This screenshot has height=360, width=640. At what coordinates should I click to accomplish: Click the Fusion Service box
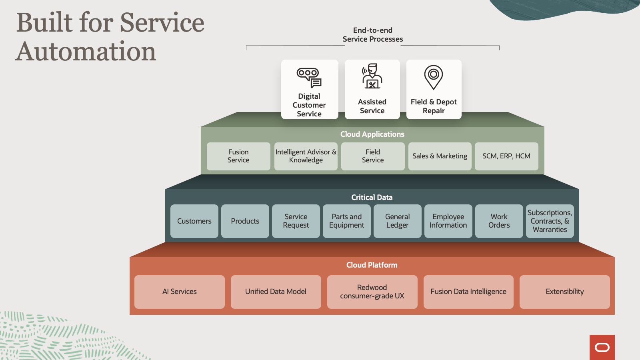[x=238, y=156]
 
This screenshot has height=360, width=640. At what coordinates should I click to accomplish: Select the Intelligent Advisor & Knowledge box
[x=306, y=156]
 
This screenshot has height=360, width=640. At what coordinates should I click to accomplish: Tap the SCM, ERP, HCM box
[x=506, y=156]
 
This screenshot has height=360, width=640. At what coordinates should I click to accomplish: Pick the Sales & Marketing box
[x=440, y=156]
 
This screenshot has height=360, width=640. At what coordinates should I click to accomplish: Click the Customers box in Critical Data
[x=194, y=221]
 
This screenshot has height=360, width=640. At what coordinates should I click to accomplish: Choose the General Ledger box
[x=397, y=221]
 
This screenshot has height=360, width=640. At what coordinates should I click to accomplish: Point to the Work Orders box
[x=499, y=221]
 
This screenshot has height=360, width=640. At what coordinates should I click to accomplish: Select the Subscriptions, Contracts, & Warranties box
[x=550, y=221]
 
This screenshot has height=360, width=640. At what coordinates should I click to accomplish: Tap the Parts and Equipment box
[x=346, y=221]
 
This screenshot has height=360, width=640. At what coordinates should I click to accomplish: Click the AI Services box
[x=180, y=292]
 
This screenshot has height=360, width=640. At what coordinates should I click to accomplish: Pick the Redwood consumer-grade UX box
[x=372, y=292]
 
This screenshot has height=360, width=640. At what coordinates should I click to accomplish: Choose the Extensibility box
[x=564, y=292]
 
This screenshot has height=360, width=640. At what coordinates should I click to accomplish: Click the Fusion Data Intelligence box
[x=468, y=292]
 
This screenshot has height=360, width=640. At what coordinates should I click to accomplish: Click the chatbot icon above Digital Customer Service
[x=309, y=77]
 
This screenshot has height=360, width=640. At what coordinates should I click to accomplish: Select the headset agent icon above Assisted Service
[x=372, y=76]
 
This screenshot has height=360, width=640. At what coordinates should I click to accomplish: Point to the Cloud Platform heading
[x=372, y=265]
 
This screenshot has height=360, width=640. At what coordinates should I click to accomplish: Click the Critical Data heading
[x=372, y=198]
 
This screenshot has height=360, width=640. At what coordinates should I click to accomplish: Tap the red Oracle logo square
[x=602, y=347]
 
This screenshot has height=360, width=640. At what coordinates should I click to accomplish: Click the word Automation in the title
[x=86, y=52]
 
